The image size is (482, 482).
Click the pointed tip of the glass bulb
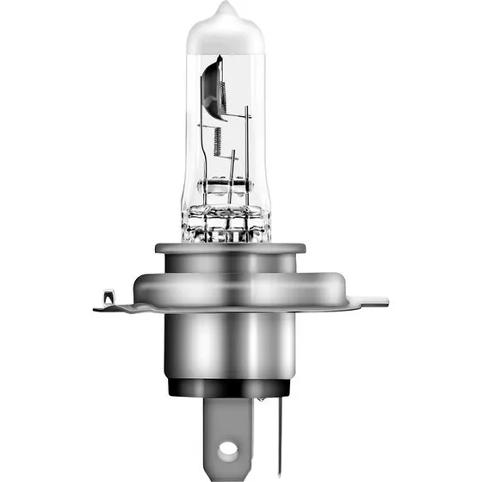(226, 7)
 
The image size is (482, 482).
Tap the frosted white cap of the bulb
(226, 30)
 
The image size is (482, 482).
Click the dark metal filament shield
(212, 86)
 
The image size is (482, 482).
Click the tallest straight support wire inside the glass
(247, 146)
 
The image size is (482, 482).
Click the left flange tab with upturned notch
(108, 300)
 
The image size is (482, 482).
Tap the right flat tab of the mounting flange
(372, 301)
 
